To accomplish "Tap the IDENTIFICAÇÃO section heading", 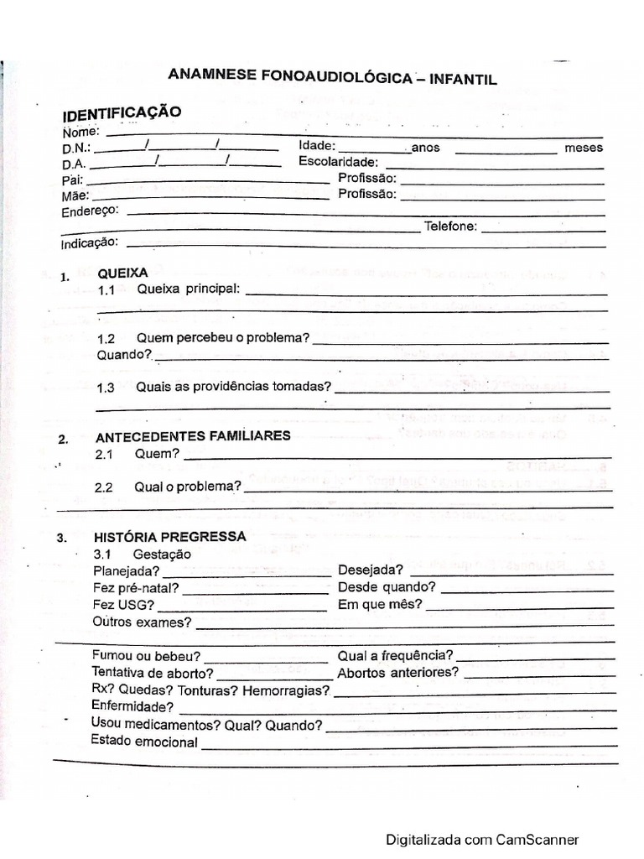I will (121, 112).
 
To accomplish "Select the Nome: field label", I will (81, 131).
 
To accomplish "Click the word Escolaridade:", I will (339, 162).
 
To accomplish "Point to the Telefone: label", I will (451, 226).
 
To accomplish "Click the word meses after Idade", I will (584, 148).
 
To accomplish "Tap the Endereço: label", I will (90, 211).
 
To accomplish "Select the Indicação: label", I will (90, 243).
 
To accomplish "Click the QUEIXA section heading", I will (122, 273).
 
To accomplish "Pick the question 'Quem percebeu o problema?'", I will (224, 339).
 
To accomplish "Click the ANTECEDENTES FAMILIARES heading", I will (194, 436).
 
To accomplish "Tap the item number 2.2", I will (103, 487).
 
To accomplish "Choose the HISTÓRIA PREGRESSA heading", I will (170, 537).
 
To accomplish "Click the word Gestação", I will (162, 554).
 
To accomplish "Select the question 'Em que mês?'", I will (380, 604).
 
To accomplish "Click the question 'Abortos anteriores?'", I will (398, 673).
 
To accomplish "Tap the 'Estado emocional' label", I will (144, 742).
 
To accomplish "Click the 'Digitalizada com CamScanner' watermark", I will (482, 839).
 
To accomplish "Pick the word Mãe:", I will (75, 195).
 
